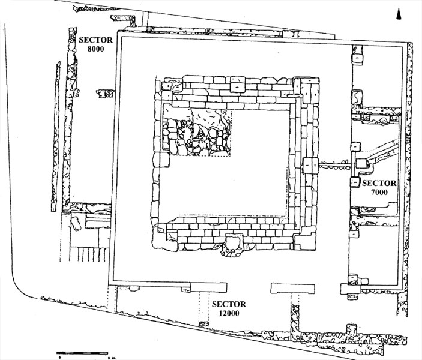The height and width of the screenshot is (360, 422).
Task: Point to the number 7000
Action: click(379, 192)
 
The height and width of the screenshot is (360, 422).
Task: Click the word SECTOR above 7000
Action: click(379, 183)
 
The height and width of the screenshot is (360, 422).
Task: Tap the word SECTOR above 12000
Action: click(228, 304)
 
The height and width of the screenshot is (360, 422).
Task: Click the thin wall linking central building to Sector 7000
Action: click(333, 163)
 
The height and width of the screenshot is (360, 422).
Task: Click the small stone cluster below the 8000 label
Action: click(106, 93)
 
